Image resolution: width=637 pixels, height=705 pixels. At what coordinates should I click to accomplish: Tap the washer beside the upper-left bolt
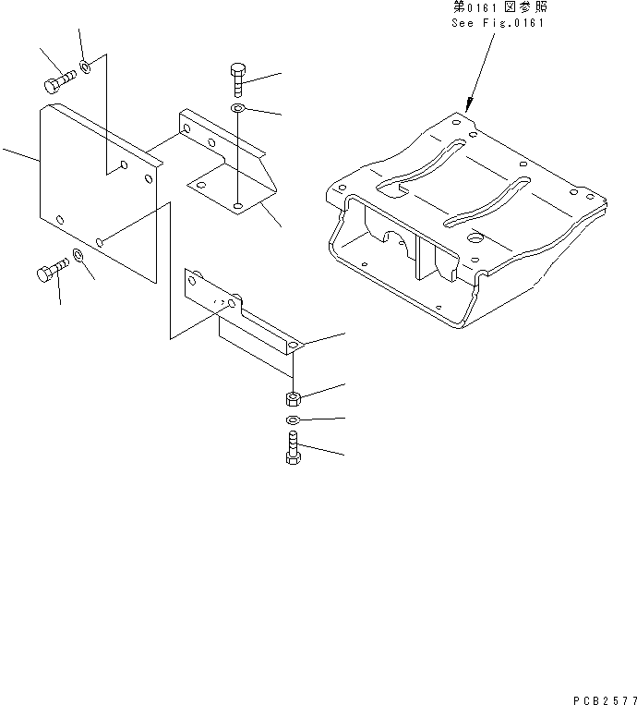pyautogui.click(x=85, y=67)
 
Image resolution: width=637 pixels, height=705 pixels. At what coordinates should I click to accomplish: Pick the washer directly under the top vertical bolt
pyautogui.click(x=237, y=110)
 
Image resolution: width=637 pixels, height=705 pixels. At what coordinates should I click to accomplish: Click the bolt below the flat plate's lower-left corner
pyautogui.click(x=50, y=272)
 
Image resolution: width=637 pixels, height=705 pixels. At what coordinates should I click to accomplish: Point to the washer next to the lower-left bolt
pyautogui.click(x=79, y=255)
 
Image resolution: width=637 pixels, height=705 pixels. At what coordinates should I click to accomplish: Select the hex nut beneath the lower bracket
pyautogui.click(x=293, y=399)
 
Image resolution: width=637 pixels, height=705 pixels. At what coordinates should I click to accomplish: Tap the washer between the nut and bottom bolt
pyautogui.click(x=293, y=421)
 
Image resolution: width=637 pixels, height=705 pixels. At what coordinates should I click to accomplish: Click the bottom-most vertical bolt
pyautogui.click(x=293, y=450)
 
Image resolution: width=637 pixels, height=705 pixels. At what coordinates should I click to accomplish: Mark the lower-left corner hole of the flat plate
pyautogui.click(x=60, y=219)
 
